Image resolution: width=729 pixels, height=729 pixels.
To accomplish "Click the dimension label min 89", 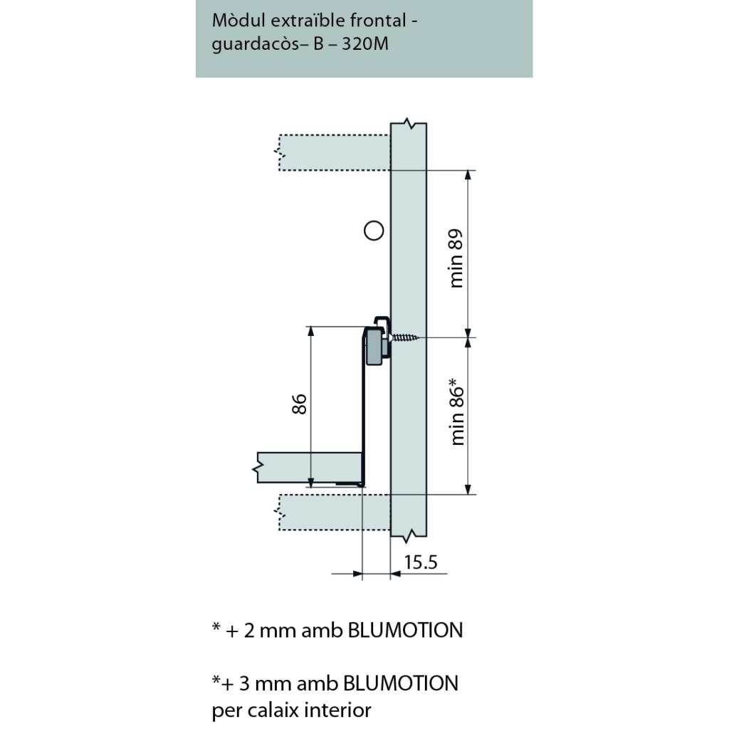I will [x=457, y=258].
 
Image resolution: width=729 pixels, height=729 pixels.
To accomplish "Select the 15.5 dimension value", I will [x=420, y=563].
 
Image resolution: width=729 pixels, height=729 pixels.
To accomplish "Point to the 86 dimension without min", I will [x=300, y=404].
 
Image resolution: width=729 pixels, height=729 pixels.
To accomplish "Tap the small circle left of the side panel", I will [x=373, y=230].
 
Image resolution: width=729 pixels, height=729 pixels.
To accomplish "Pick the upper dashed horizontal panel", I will [x=334, y=152].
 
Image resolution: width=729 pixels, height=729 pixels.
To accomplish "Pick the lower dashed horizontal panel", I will [x=334, y=511].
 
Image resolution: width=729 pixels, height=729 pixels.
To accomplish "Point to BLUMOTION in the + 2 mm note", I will [x=405, y=630].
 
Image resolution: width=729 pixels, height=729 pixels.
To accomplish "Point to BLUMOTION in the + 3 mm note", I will [x=401, y=683].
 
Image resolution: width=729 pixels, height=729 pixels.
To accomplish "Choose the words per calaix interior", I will [x=292, y=710].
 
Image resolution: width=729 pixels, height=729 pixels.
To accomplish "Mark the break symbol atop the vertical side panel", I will [x=409, y=123].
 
